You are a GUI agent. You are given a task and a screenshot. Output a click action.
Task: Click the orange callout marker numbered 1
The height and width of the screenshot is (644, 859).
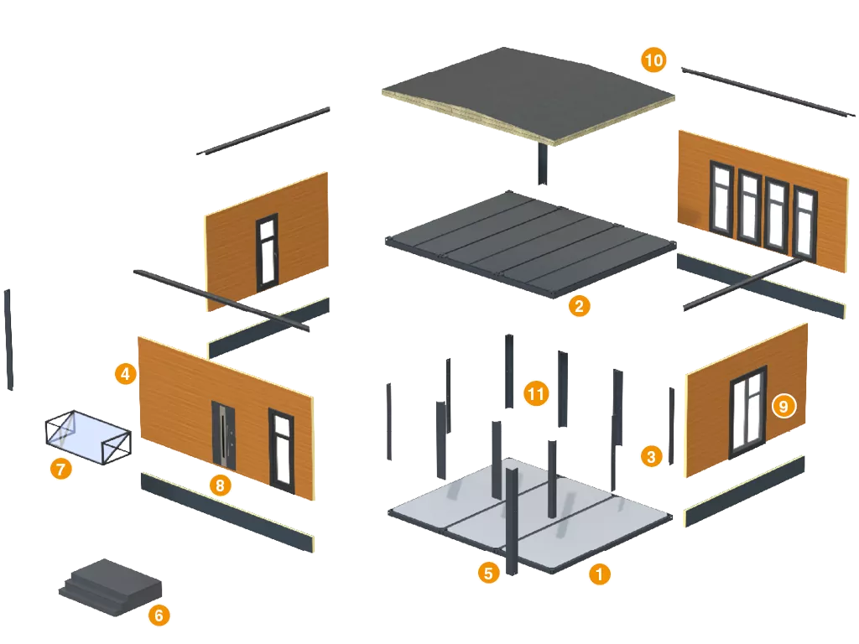click(599, 574)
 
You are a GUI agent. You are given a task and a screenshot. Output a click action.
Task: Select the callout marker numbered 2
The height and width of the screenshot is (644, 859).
click(578, 305)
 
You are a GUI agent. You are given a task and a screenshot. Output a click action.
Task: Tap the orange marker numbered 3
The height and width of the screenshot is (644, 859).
click(651, 456)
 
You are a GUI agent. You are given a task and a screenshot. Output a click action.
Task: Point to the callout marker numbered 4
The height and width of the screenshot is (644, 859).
click(125, 373)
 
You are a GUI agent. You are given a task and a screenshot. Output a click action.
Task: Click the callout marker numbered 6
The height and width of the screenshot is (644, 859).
click(159, 615)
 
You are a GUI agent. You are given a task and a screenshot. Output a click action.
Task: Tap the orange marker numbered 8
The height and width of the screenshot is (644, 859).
click(219, 484)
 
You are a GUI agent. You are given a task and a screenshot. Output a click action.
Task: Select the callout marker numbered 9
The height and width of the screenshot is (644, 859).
click(783, 406)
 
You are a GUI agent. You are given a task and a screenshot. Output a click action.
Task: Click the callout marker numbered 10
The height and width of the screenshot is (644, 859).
click(653, 60)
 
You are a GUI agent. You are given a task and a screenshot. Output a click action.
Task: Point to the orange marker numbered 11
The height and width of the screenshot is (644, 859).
click(536, 392)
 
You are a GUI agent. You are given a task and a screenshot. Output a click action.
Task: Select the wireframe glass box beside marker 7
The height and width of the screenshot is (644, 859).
click(87, 435)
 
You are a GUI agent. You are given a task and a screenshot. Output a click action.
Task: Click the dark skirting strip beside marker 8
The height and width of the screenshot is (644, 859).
click(226, 512)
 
